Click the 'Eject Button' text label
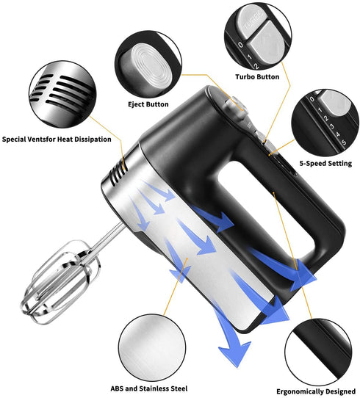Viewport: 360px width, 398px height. point(148,104)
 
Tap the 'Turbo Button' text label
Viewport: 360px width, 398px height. point(257,76)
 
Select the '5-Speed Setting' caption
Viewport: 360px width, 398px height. point(325,163)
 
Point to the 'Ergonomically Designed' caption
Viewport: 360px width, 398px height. point(316,391)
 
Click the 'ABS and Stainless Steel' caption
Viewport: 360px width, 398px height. point(148,388)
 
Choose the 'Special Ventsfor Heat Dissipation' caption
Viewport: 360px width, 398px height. point(57,139)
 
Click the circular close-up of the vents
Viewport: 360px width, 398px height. point(62,95)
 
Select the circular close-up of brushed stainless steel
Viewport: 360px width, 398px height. point(152,348)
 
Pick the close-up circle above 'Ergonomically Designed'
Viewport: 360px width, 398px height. point(318,352)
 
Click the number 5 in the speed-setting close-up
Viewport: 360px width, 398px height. point(344,142)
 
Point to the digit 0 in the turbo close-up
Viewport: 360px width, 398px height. point(240,46)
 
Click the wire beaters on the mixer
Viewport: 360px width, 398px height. point(60,282)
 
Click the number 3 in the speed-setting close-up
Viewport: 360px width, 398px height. point(332,126)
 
